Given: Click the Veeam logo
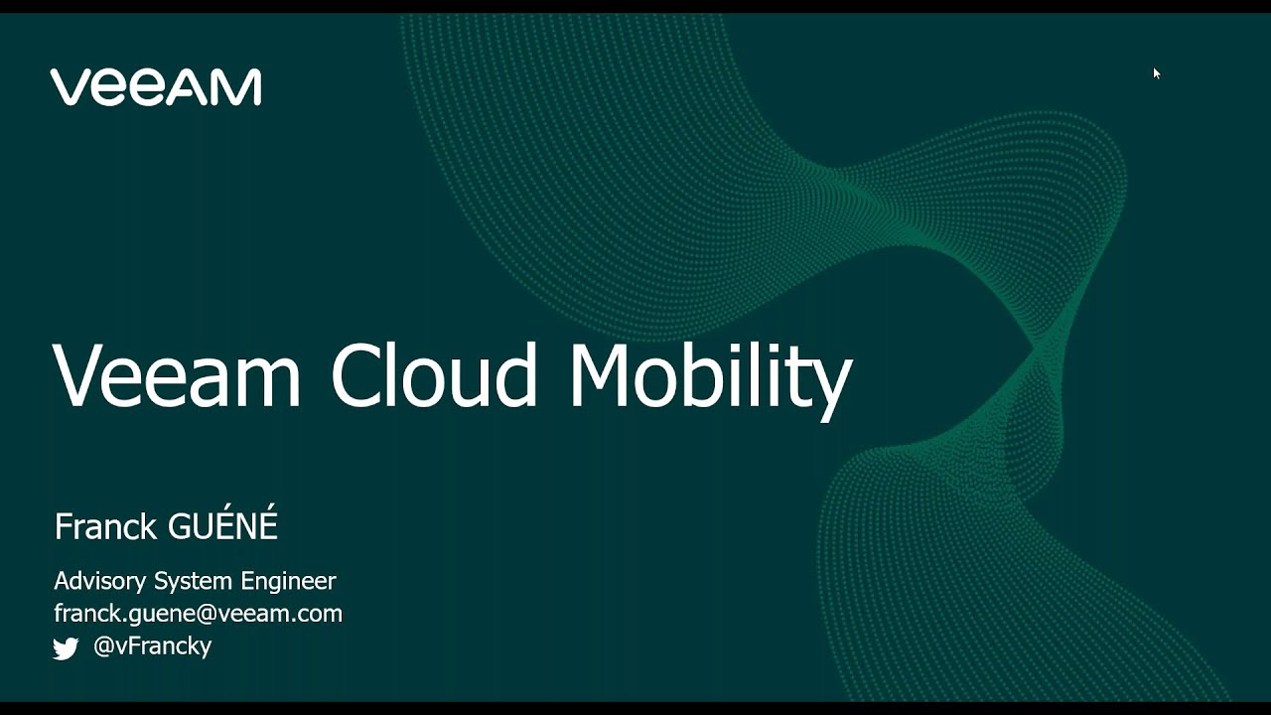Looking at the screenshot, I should point(156,87).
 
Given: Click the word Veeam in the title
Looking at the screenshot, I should point(177,375).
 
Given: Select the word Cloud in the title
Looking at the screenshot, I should point(434,375).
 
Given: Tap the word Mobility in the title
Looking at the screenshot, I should point(710,377).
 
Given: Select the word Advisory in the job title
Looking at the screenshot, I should point(100,581).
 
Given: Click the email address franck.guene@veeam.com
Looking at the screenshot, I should point(198,614).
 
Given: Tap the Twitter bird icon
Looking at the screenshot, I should point(66,648).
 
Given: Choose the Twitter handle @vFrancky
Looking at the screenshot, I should point(152,646).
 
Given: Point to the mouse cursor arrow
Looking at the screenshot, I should point(1156,72).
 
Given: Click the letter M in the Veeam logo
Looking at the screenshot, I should point(239,87).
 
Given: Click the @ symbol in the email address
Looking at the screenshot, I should point(207,615).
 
